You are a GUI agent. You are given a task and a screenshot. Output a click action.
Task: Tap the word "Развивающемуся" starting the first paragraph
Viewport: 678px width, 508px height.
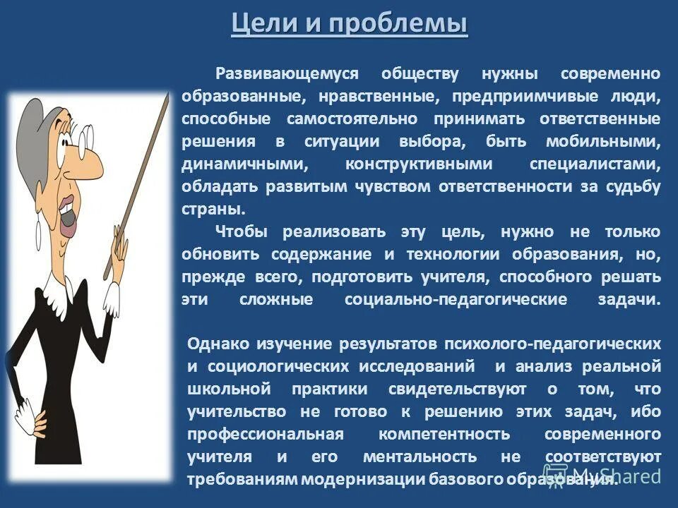(x=287, y=74)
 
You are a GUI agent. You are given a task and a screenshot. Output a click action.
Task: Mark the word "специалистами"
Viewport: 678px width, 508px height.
(x=595, y=164)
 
